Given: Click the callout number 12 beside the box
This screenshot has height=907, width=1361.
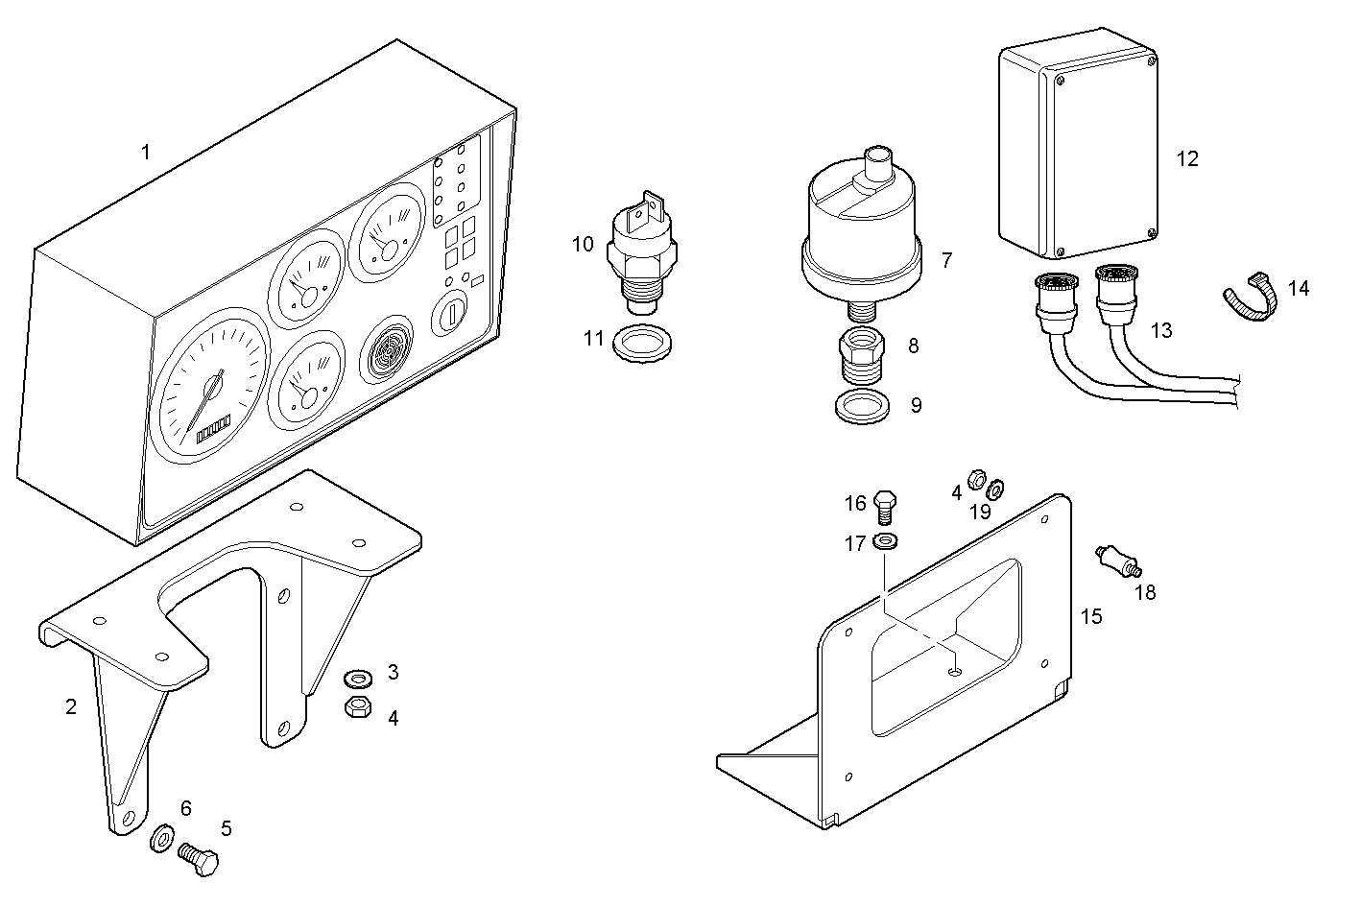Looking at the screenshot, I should (1187, 159).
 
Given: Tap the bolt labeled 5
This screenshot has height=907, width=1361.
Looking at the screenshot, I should (200, 858).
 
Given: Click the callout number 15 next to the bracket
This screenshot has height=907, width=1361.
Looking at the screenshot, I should (1091, 616).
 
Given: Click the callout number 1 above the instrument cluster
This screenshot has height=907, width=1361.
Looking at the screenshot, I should (146, 152).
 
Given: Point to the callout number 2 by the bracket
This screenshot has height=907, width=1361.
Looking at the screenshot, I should (70, 707).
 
